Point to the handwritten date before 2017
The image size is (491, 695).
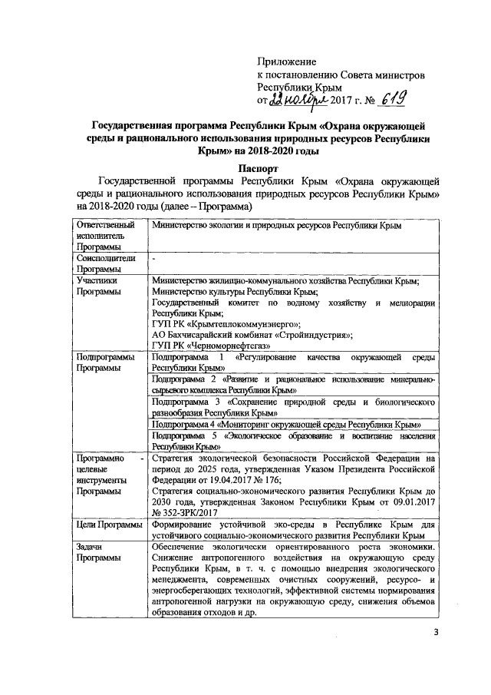302,101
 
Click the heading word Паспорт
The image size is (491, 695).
258,167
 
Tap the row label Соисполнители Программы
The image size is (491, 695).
107,264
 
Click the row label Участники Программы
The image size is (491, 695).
101,287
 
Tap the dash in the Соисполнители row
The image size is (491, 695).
154,260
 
